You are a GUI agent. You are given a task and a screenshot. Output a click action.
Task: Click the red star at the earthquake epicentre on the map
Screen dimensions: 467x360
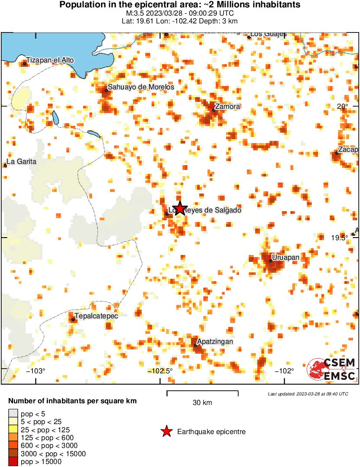(x=179, y=208)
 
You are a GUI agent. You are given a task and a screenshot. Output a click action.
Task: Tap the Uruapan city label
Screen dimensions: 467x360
(x=286, y=258)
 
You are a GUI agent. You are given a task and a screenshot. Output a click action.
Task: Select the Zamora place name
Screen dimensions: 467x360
(x=228, y=107)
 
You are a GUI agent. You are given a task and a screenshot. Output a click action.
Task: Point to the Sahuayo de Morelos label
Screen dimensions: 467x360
(x=141, y=87)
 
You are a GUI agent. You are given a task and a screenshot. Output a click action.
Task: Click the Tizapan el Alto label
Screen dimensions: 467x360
(x=50, y=60)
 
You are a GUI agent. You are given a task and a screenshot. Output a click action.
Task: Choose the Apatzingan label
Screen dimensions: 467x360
(x=215, y=342)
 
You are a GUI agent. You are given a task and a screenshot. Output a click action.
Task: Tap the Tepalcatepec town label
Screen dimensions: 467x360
(x=96, y=316)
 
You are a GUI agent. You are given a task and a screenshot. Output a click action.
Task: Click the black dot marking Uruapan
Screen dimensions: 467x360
(x=271, y=261)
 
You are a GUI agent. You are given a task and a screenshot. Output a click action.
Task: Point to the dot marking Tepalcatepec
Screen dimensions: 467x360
(x=73, y=320)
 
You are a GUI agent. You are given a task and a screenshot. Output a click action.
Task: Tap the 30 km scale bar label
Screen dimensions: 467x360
(x=202, y=403)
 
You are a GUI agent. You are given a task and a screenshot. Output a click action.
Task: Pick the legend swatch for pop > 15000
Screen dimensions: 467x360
(x=13, y=462)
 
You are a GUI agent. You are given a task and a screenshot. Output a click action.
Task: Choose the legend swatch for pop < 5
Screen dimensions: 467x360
(x=13, y=414)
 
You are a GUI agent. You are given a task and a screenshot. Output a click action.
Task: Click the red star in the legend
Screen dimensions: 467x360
(x=166, y=431)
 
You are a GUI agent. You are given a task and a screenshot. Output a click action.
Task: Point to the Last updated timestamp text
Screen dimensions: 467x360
(x=308, y=394)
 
